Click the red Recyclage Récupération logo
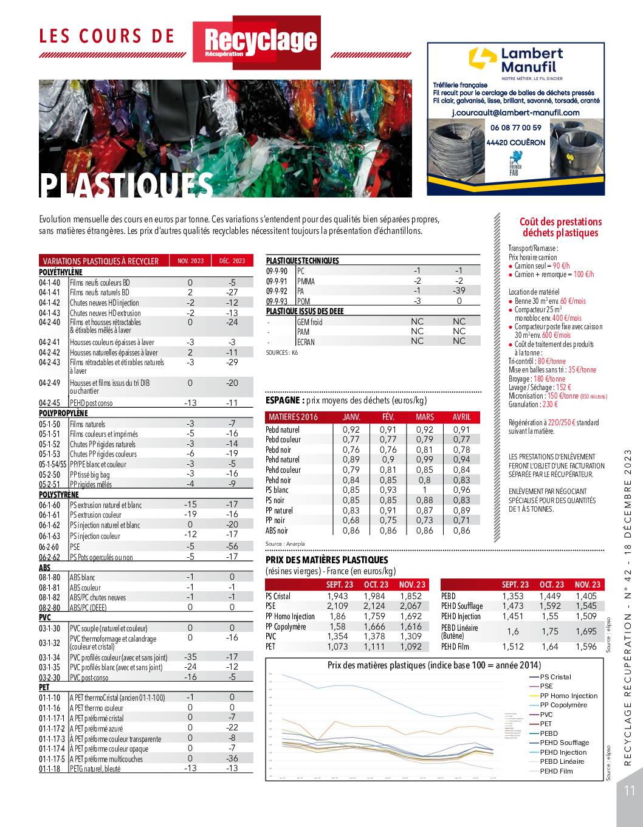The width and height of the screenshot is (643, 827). coord(256,43)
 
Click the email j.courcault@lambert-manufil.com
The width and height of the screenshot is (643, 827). coord(515,112)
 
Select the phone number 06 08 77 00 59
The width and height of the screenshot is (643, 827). coord(515,128)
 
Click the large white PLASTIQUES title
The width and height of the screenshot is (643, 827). coord(127,185)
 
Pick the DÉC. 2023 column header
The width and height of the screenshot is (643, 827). coord(232,261)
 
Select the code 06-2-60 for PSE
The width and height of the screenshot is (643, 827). coord(50,547)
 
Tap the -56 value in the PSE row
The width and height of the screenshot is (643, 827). coord(232,546)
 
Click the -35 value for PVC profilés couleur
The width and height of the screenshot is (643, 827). coord(190,657)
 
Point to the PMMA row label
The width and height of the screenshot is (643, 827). coord(306,281)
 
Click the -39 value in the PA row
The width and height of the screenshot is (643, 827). coord(459,290)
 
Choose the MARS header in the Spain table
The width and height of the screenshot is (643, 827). coord(425,417)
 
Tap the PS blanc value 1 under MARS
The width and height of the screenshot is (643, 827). coord(425,490)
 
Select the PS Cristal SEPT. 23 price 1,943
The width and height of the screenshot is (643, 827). coord(337,596)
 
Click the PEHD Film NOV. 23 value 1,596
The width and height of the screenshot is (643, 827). coord(585,647)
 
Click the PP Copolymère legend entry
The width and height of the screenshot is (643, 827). coord(563,705)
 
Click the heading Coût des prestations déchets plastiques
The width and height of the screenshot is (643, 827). coord(552,227)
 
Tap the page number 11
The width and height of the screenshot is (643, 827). coord(628,791)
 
